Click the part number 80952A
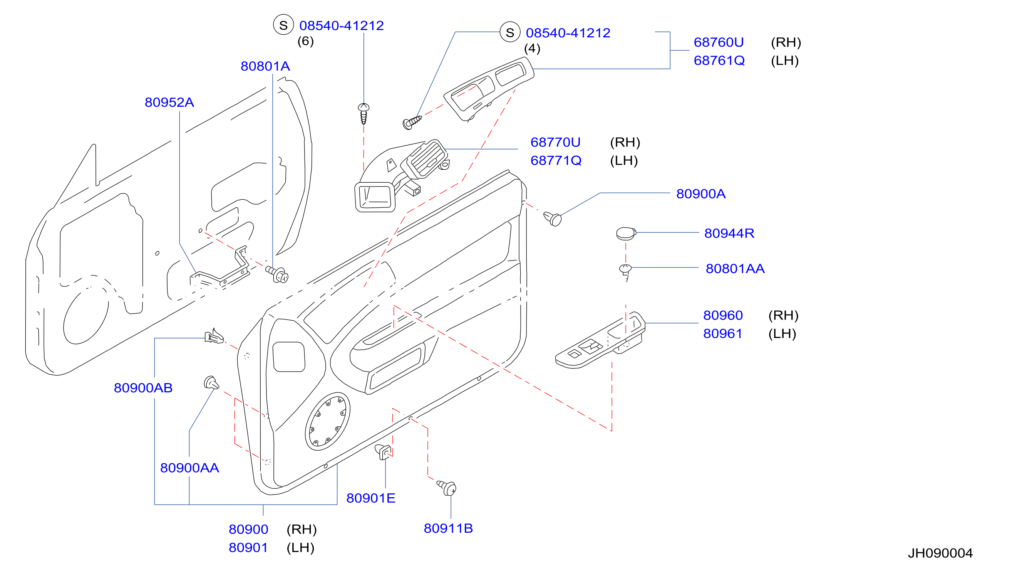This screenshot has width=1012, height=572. point(169,103)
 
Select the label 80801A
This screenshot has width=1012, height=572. point(265,66)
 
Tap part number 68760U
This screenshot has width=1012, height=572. point(719,42)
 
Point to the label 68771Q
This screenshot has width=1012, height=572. point(556,160)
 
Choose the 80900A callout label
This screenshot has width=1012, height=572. point(700,194)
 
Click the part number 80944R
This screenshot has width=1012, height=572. point(729,233)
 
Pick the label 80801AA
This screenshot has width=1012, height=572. point(735,269)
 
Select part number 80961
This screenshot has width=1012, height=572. point(722,333)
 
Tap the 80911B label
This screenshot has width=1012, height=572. point(448,528)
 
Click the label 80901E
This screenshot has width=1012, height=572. point(370,498)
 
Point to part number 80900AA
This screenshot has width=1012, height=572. point(189,468)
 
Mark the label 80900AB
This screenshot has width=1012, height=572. point(143,388)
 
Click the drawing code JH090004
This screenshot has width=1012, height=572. point(940,553)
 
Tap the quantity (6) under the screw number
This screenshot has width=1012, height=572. point(305,41)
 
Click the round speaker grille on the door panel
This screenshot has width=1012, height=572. point(327,421)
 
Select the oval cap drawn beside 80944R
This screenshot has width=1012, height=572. point(626,234)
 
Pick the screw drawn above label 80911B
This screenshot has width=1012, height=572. point(447,488)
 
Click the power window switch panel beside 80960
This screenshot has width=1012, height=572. point(600,340)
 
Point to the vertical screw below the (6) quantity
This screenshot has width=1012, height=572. point(364,114)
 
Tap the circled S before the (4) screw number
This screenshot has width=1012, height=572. point(509,32)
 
